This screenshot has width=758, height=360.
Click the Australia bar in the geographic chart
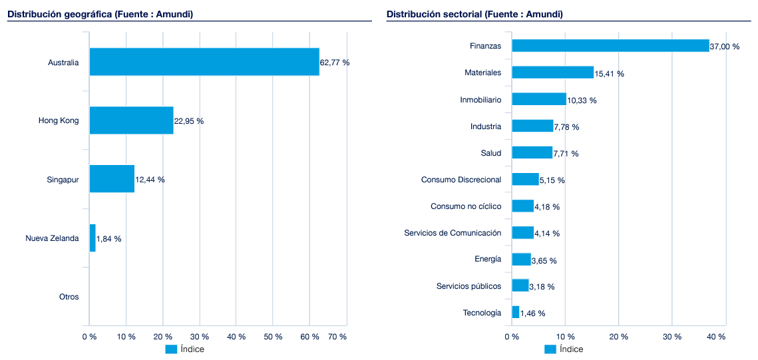204,62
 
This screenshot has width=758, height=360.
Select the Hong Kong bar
131,120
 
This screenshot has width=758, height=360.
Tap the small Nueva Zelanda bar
93,238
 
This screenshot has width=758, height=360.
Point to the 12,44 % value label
150,180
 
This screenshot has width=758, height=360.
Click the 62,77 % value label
335,63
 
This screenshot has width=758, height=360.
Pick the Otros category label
69,297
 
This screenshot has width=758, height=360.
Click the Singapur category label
63,180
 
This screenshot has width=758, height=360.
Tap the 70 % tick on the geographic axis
337,337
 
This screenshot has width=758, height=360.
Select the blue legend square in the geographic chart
171,349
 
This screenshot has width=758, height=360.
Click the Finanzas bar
610,45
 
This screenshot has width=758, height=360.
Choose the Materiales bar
552,73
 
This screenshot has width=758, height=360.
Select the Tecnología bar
515,312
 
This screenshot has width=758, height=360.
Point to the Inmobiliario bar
538,99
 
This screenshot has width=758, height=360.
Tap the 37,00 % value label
725,47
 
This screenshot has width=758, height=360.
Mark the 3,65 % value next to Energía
544,260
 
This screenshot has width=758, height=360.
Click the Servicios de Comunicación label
453,233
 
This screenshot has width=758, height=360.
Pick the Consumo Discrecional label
461,180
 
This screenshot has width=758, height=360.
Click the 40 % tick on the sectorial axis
716,337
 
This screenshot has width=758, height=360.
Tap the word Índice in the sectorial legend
571,349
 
